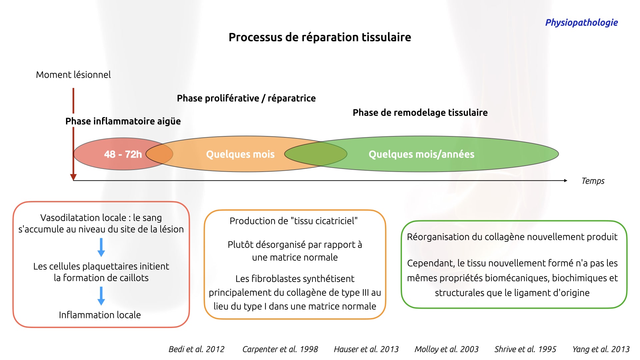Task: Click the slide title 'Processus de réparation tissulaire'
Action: pyautogui.click(x=320, y=37)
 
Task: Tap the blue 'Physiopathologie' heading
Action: pyautogui.click(x=581, y=23)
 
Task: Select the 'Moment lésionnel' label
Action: pyautogui.click(x=73, y=75)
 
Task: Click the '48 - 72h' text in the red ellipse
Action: pyautogui.click(x=123, y=154)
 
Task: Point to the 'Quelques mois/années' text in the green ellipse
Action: pyautogui.click(x=421, y=154)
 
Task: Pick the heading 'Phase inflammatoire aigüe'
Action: pyautogui.click(x=123, y=121)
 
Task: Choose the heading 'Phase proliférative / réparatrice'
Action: pyautogui.click(x=246, y=98)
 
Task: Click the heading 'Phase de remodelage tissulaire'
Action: pyautogui.click(x=420, y=113)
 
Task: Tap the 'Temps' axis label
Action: pyautogui.click(x=593, y=181)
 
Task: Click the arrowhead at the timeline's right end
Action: pyautogui.click(x=566, y=181)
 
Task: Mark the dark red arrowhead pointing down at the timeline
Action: pyautogui.click(x=73, y=177)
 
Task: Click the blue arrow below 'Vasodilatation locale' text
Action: pyautogui.click(x=101, y=247)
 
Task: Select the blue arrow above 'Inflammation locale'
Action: pyautogui.click(x=101, y=296)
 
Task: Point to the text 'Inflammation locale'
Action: pyautogui.click(x=100, y=315)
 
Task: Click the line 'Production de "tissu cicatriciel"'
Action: pyautogui.click(x=294, y=221)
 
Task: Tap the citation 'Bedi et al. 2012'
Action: pyautogui.click(x=197, y=349)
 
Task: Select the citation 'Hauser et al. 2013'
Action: pyautogui.click(x=366, y=349)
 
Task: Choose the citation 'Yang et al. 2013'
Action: pyautogui.click(x=601, y=349)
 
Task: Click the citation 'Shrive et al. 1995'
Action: pyautogui.click(x=525, y=349)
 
